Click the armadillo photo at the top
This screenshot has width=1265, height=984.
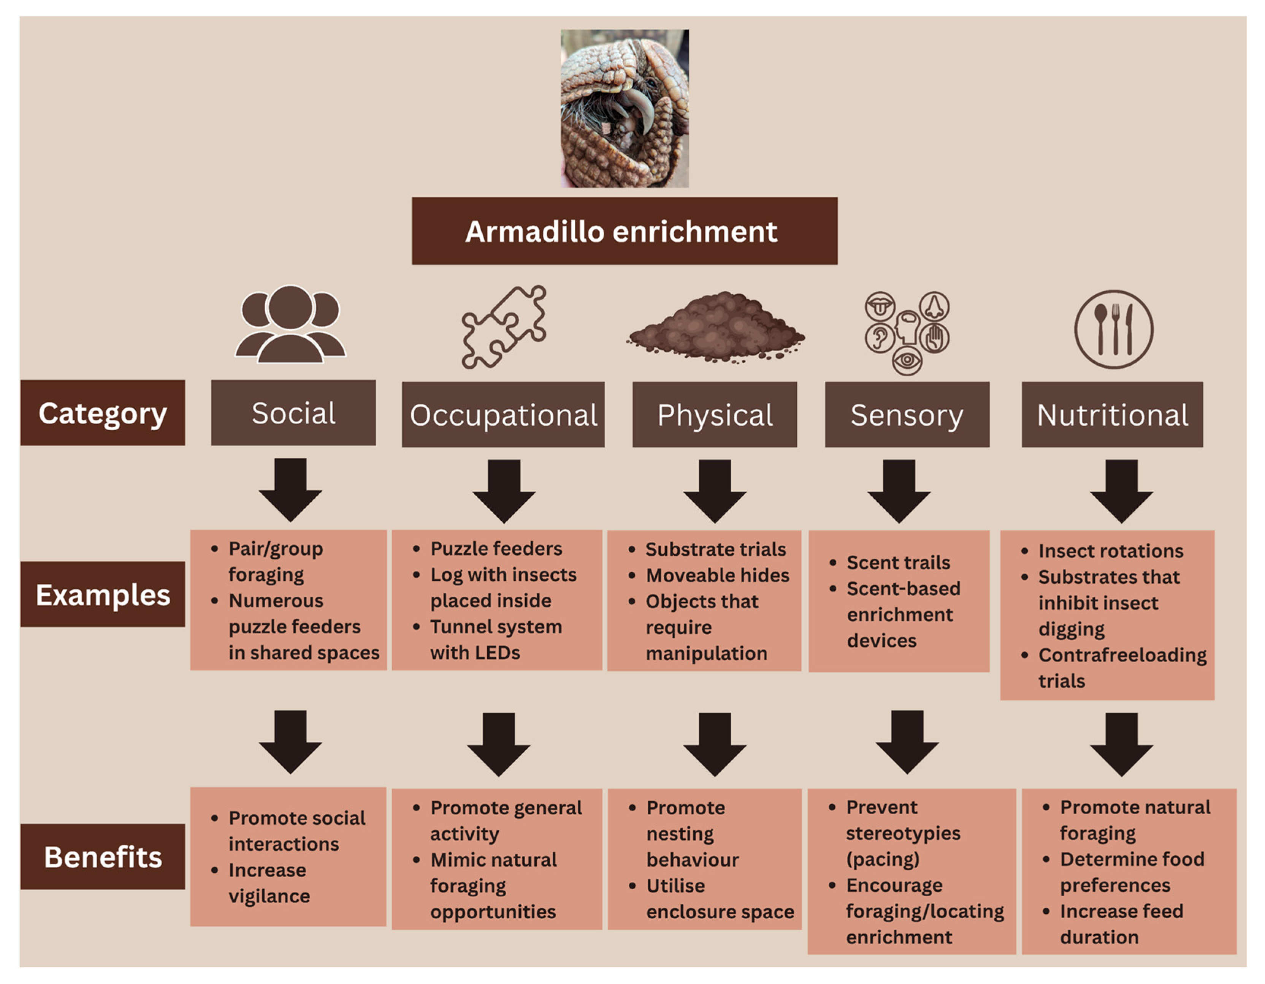click(625, 108)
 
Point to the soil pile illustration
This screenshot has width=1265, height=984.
click(716, 328)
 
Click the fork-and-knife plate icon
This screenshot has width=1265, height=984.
click(1113, 329)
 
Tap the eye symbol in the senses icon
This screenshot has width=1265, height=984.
click(907, 360)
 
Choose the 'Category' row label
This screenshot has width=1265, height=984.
click(103, 413)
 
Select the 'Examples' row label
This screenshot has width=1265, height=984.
click(103, 594)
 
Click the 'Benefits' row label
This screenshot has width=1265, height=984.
click(103, 857)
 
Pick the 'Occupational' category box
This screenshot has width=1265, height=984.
click(503, 414)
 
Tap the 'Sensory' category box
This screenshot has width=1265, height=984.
click(907, 414)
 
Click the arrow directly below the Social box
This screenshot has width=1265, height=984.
click(290, 490)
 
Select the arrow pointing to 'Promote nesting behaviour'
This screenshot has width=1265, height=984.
click(715, 744)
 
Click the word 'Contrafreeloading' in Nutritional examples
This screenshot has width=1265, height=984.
click(1122, 655)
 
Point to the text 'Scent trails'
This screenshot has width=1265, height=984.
click(898, 562)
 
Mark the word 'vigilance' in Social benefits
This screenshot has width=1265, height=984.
click(269, 896)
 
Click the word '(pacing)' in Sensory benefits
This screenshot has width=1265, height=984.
click(882, 859)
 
